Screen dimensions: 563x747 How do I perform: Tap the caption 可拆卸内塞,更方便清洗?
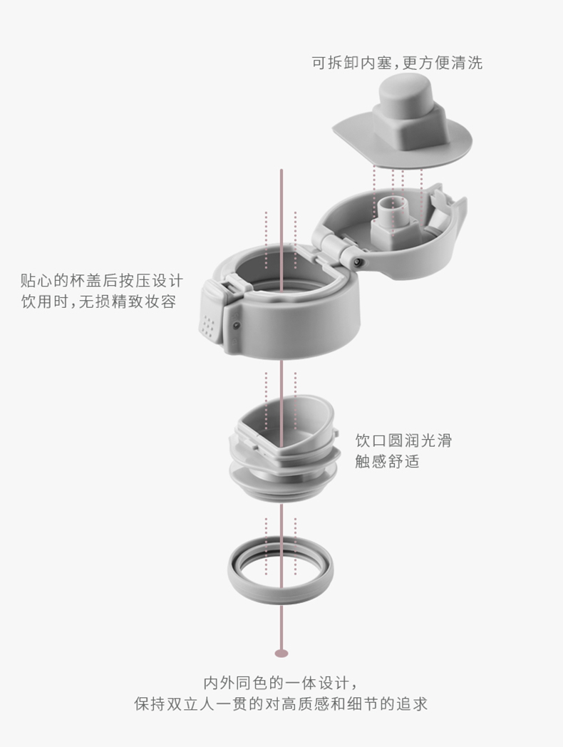[x=397, y=63]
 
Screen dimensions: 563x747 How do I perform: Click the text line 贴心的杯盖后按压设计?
[x=101, y=280]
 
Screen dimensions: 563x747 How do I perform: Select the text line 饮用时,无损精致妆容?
[x=98, y=302]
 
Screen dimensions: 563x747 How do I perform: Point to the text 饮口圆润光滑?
[x=403, y=441]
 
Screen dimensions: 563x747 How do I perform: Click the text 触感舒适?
[x=387, y=461]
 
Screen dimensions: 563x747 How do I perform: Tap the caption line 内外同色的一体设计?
[x=281, y=683]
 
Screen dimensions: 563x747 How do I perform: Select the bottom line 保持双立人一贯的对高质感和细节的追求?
[x=281, y=704]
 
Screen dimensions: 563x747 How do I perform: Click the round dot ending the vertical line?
[x=281, y=653]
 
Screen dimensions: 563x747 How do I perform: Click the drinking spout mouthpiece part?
[x=284, y=448]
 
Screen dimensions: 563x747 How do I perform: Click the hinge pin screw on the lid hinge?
[x=358, y=262]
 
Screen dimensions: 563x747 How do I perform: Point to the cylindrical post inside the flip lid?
[x=391, y=209]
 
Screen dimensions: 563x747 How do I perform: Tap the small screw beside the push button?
[x=236, y=326]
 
